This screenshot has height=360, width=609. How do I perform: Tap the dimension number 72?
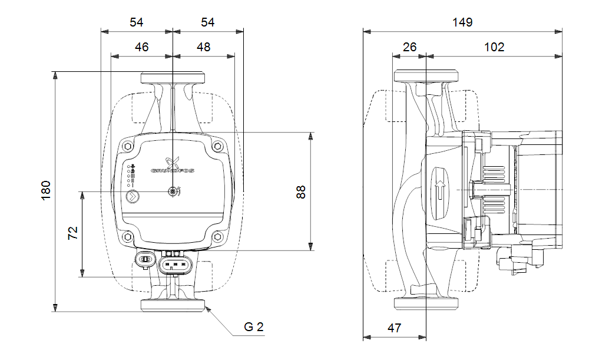[73, 234]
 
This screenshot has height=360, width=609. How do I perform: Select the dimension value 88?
[301, 191]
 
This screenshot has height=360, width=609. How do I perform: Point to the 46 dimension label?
[141, 47]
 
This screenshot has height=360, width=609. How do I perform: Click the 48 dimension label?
[203, 47]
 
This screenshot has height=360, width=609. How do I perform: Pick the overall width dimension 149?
[462, 22]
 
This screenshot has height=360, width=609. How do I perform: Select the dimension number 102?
[494, 47]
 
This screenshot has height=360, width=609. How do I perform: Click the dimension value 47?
[395, 328]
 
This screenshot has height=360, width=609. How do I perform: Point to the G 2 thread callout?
[253, 327]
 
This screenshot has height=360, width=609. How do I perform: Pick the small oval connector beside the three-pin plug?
[144, 259]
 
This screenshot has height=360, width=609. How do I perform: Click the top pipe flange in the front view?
[172, 78]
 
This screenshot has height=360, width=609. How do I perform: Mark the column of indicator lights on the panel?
[132, 176]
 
